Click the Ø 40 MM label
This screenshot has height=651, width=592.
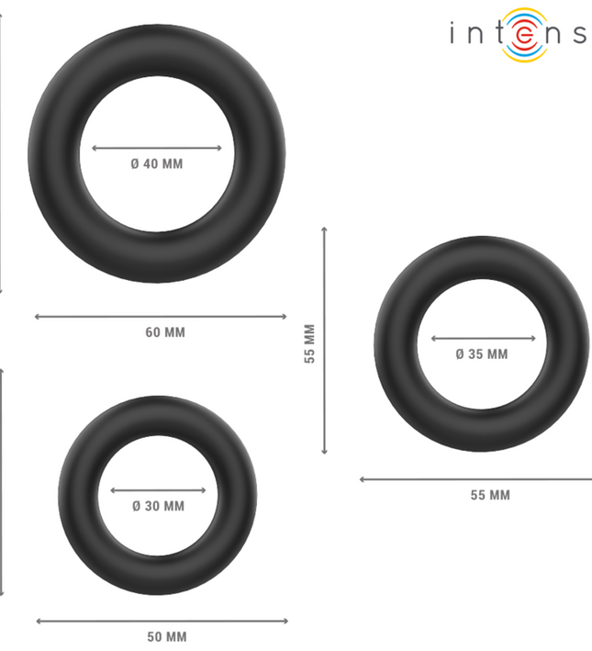(x=157, y=164)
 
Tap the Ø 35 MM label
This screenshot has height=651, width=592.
(x=482, y=354)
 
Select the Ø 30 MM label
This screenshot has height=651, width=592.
(x=158, y=506)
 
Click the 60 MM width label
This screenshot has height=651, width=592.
(x=165, y=332)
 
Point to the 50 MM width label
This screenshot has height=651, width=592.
(x=167, y=637)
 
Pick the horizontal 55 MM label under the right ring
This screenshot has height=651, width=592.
(x=490, y=495)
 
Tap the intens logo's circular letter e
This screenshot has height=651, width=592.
(x=524, y=34)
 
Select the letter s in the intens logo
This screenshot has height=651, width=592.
(x=578, y=35)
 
